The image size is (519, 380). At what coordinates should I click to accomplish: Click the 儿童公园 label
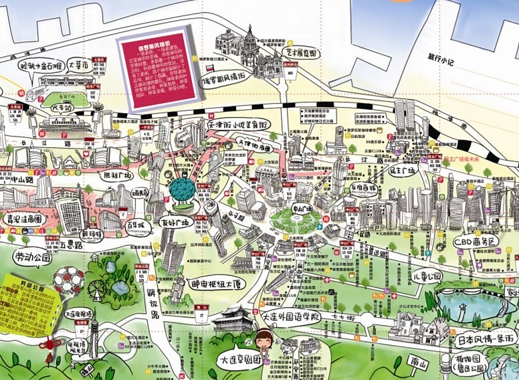pos(425,276)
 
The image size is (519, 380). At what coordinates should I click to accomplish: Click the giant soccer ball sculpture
pos(69,280)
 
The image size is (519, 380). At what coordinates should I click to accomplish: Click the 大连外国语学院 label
pos(291,316)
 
